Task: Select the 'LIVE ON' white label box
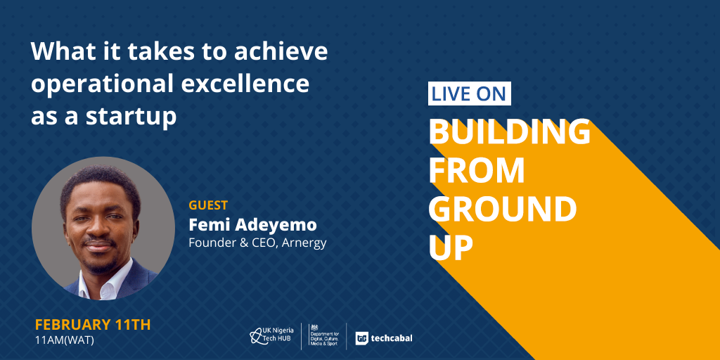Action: pos(469,94)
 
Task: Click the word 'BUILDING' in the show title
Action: pos(509,131)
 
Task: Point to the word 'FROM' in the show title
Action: pos(477,170)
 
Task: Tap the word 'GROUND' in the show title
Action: pos(503,209)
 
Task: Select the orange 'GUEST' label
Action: pos(208,205)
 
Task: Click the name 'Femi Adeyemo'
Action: pos(252,225)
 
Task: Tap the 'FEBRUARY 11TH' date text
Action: pos(93,325)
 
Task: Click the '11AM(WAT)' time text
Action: pos(64,341)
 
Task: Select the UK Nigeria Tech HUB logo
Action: pos(271,336)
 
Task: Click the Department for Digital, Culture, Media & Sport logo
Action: pos(323,334)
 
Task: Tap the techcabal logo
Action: pos(383,338)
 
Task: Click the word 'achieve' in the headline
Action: pos(281,51)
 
